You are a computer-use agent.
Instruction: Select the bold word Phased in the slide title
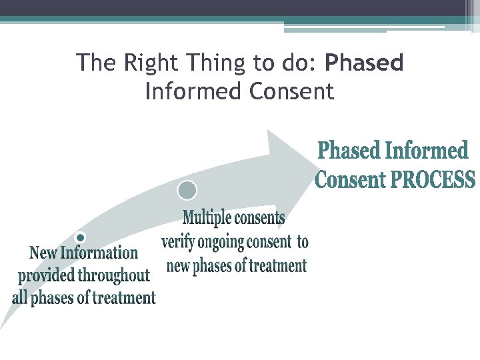pos(365,63)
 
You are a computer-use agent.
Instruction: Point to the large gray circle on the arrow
pos(187,191)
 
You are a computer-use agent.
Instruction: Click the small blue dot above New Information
pos(80,237)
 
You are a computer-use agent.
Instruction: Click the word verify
pos(179,242)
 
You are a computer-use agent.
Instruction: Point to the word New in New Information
pos(43,253)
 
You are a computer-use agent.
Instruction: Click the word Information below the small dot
pos(99,253)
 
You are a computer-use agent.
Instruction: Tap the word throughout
pos(114,275)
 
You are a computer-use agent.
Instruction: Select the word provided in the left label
pos(47,275)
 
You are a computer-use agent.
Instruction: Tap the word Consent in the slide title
pos(291,91)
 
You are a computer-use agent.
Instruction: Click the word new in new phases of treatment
pos(178,266)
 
